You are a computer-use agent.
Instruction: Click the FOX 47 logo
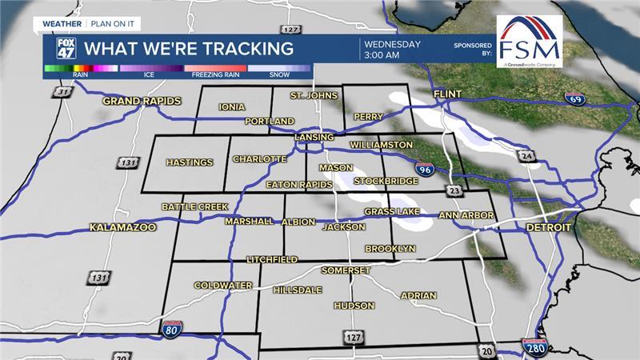click(66, 47)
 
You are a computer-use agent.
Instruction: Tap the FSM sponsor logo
click(529, 42)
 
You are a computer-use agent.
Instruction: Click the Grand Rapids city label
click(142, 102)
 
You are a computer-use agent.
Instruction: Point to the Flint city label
click(448, 94)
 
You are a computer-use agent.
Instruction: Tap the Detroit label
click(549, 228)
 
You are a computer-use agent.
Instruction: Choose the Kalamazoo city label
click(122, 227)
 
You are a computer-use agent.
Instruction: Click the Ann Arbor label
click(466, 216)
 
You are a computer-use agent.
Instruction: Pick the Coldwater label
click(223, 286)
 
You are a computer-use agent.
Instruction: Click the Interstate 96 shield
click(425, 169)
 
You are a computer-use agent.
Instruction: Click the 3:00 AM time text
click(381, 56)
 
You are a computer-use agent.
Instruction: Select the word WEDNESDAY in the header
click(392, 43)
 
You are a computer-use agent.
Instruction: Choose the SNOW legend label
click(278, 75)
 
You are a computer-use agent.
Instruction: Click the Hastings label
click(190, 162)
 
